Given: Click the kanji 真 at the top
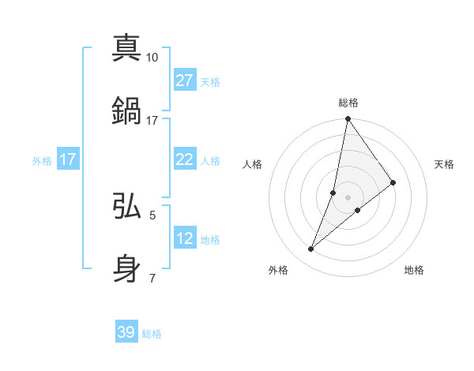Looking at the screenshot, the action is tap(127, 47).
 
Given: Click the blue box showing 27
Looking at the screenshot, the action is tap(184, 81).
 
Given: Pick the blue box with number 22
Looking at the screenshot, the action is tap(184, 159).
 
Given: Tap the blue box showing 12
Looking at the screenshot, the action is tap(184, 238).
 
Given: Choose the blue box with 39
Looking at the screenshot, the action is tap(126, 332).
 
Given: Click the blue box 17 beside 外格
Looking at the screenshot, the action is tap(68, 159).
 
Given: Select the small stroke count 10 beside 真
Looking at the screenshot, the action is tap(152, 57).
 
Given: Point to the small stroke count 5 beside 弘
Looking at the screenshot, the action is tap(152, 215).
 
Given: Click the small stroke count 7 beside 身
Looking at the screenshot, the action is tap(152, 278).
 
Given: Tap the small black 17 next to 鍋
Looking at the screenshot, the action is tap(152, 120).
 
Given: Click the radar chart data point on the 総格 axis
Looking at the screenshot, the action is tap(348, 119).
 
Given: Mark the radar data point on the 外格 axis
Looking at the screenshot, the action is tap(311, 249).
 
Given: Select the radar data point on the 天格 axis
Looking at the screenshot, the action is tap(393, 182).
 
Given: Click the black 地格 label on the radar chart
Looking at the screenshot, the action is tap(414, 270).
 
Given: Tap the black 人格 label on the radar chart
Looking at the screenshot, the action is tap(253, 164).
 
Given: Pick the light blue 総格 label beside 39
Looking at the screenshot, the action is tap(152, 334).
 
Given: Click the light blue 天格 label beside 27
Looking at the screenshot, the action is tap(210, 81).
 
